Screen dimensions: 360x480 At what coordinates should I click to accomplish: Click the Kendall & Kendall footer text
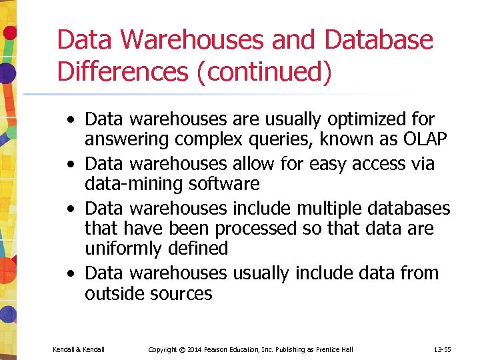pos(79,349)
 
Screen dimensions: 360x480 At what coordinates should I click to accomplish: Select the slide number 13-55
pos(443,349)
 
